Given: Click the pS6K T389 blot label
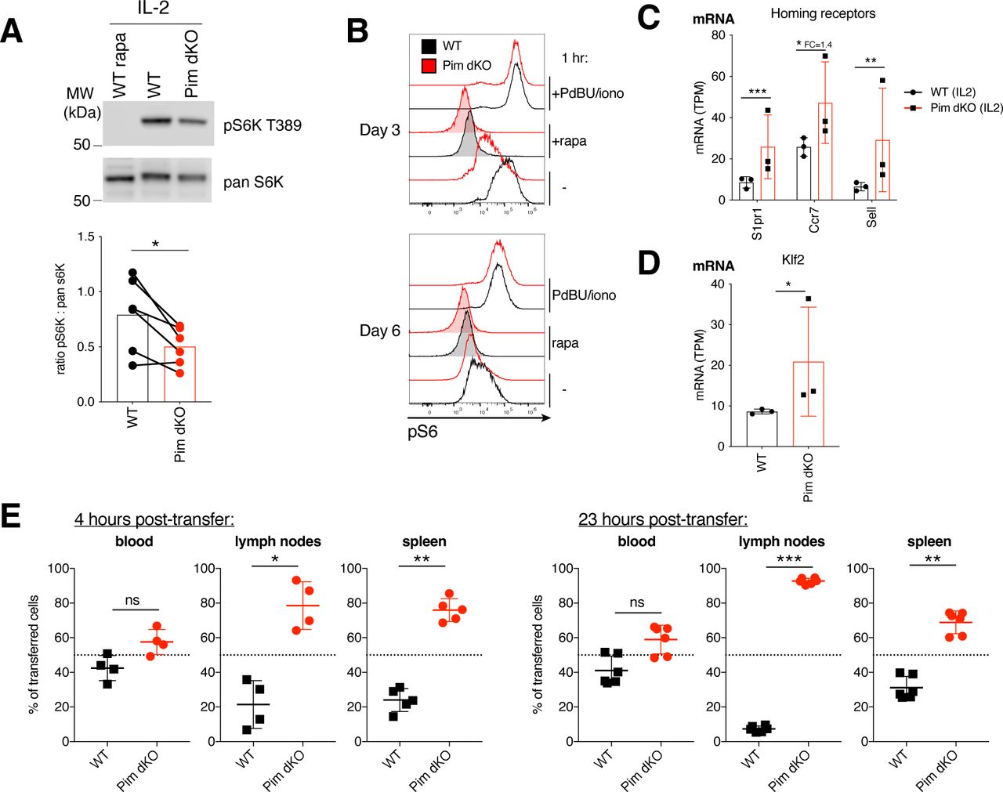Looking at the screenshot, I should click(x=262, y=125).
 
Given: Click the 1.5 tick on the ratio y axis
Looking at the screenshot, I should click(x=86, y=237).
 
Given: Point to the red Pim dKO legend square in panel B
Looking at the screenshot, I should click(x=429, y=66).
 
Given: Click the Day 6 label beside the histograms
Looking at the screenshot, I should click(x=379, y=331).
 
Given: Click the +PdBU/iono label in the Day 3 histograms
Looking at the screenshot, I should click(x=588, y=94).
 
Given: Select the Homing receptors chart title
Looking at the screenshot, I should click(x=823, y=13).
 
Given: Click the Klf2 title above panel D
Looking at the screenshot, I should click(x=793, y=259).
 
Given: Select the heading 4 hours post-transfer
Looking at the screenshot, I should click(x=154, y=519).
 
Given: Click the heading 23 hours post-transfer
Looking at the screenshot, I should click(x=662, y=519).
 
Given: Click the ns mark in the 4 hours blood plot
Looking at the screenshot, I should click(x=132, y=600).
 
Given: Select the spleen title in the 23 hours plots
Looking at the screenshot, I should click(x=929, y=541).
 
